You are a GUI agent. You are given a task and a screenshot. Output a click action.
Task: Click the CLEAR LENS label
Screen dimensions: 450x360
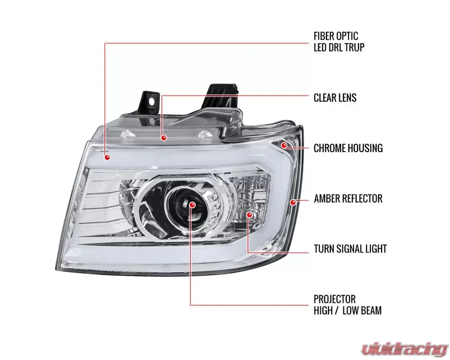click(x=335, y=98)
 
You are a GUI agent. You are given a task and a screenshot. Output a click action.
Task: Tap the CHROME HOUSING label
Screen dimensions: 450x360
click(x=348, y=148)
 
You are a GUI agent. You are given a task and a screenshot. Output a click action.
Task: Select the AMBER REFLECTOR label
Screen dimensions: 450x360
click(x=348, y=198)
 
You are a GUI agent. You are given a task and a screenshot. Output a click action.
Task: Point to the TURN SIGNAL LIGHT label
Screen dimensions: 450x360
click(x=350, y=248)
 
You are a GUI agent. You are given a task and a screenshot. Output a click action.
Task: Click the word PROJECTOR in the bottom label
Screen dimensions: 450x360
click(x=335, y=299)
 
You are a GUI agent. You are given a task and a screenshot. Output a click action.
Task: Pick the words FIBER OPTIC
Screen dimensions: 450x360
click(x=336, y=36)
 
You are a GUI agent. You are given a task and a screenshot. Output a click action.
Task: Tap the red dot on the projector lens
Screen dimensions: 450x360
click(x=192, y=205)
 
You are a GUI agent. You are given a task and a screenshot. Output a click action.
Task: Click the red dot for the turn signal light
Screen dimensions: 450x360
click(x=249, y=215)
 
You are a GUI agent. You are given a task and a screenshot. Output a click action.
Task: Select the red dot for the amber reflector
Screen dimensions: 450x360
click(x=293, y=202)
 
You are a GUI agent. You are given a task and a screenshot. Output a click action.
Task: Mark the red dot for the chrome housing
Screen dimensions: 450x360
click(x=284, y=145)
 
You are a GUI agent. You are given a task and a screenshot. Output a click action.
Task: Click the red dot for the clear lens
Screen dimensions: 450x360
click(x=164, y=138)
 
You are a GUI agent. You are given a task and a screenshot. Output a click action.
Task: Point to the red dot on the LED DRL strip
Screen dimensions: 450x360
click(x=108, y=157)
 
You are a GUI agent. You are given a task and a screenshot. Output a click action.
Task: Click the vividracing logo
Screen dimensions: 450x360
click(x=405, y=348)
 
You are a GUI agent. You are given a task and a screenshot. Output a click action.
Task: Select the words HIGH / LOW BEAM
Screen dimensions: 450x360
click(x=347, y=310)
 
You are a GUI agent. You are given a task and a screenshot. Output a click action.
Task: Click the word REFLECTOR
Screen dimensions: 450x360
click(x=364, y=198)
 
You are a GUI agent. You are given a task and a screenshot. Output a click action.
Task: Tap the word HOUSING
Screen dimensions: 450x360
click(x=365, y=148)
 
